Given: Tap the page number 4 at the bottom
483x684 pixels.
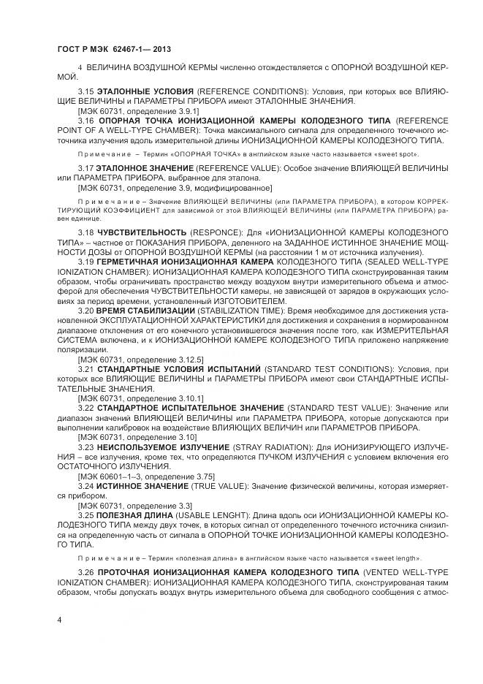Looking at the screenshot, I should click(x=58, y=619).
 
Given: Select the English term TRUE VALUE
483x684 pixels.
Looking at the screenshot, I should click(x=210, y=484).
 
